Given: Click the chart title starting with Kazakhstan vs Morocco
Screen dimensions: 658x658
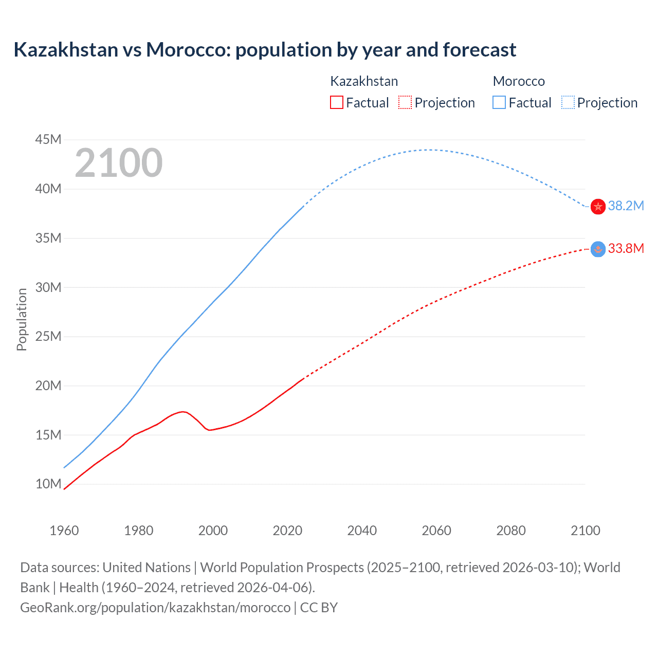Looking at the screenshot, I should [265, 50].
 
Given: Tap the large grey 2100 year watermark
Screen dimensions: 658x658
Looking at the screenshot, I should [119, 163].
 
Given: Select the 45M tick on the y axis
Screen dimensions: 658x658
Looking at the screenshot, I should [48, 139].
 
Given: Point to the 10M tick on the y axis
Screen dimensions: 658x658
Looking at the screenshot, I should [48, 484].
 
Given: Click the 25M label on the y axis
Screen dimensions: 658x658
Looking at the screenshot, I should [48, 336].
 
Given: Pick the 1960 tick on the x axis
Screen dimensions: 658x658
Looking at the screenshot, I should [64, 531].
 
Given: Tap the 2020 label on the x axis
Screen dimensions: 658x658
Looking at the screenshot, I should [287, 531].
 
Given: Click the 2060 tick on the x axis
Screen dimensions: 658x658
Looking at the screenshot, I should [436, 531].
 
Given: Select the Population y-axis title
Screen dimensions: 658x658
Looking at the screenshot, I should [22, 319].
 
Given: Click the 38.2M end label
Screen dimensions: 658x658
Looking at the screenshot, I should [626, 206].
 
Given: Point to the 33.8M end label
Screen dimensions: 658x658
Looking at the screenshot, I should [626, 249].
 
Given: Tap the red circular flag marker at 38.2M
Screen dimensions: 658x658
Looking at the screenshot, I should [598, 207].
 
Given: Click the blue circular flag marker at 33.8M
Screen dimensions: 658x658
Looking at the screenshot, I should [598, 249].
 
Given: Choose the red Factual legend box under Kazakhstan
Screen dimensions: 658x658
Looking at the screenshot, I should [336, 102].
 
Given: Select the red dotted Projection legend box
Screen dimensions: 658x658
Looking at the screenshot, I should [405, 102].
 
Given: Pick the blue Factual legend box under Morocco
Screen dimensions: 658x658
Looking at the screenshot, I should [499, 102].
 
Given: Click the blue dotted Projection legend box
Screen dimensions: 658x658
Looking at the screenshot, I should [568, 102].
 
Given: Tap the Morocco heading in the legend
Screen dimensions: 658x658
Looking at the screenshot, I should [519, 81].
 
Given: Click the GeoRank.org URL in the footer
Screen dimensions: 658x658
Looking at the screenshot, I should [155, 608].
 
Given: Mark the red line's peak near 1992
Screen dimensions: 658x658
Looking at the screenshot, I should [183, 411].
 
